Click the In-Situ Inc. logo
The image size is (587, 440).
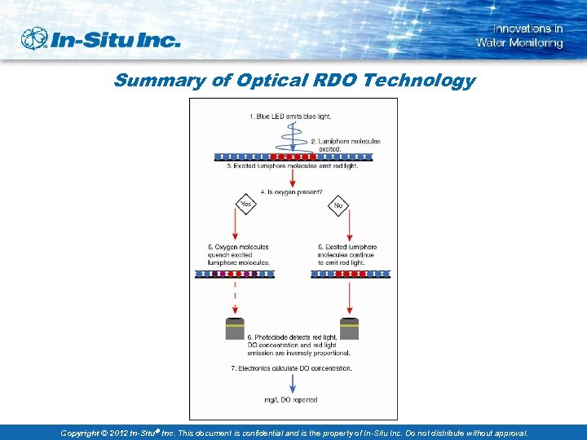click(x=99, y=38)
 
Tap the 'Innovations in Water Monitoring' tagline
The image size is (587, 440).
click(x=519, y=36)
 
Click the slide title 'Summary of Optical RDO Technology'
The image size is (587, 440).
click(x=293, y=81)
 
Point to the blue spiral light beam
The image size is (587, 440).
click(x=294, y=137)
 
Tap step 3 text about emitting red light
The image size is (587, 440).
click(x=292, y=166)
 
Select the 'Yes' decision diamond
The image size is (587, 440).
click(x=245, y=205)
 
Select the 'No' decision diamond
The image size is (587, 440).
click(x=338, y=206)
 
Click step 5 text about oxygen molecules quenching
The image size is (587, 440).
click(x=238, y=255)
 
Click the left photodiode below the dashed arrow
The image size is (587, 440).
click(x=235, y=328)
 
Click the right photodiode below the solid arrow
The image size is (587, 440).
click(x=349, y=328)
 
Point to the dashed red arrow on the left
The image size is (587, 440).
click(x=235, y=297)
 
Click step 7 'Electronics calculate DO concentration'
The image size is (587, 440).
click(x=292, y=368)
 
